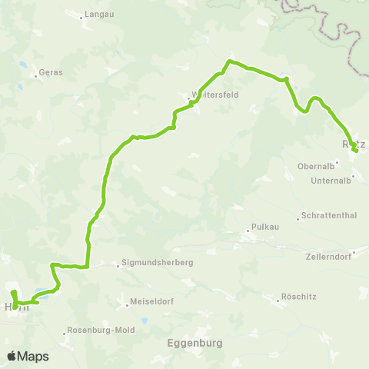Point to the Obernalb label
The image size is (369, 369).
[314, 166]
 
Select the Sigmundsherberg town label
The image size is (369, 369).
[158, 263]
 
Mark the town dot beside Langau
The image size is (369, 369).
[81, 15]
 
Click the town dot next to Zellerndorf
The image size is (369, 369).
[354, 252]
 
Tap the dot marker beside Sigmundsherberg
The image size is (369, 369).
[118, 266]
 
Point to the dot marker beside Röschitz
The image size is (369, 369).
[279, 301]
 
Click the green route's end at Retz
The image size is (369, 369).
[356, 151]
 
